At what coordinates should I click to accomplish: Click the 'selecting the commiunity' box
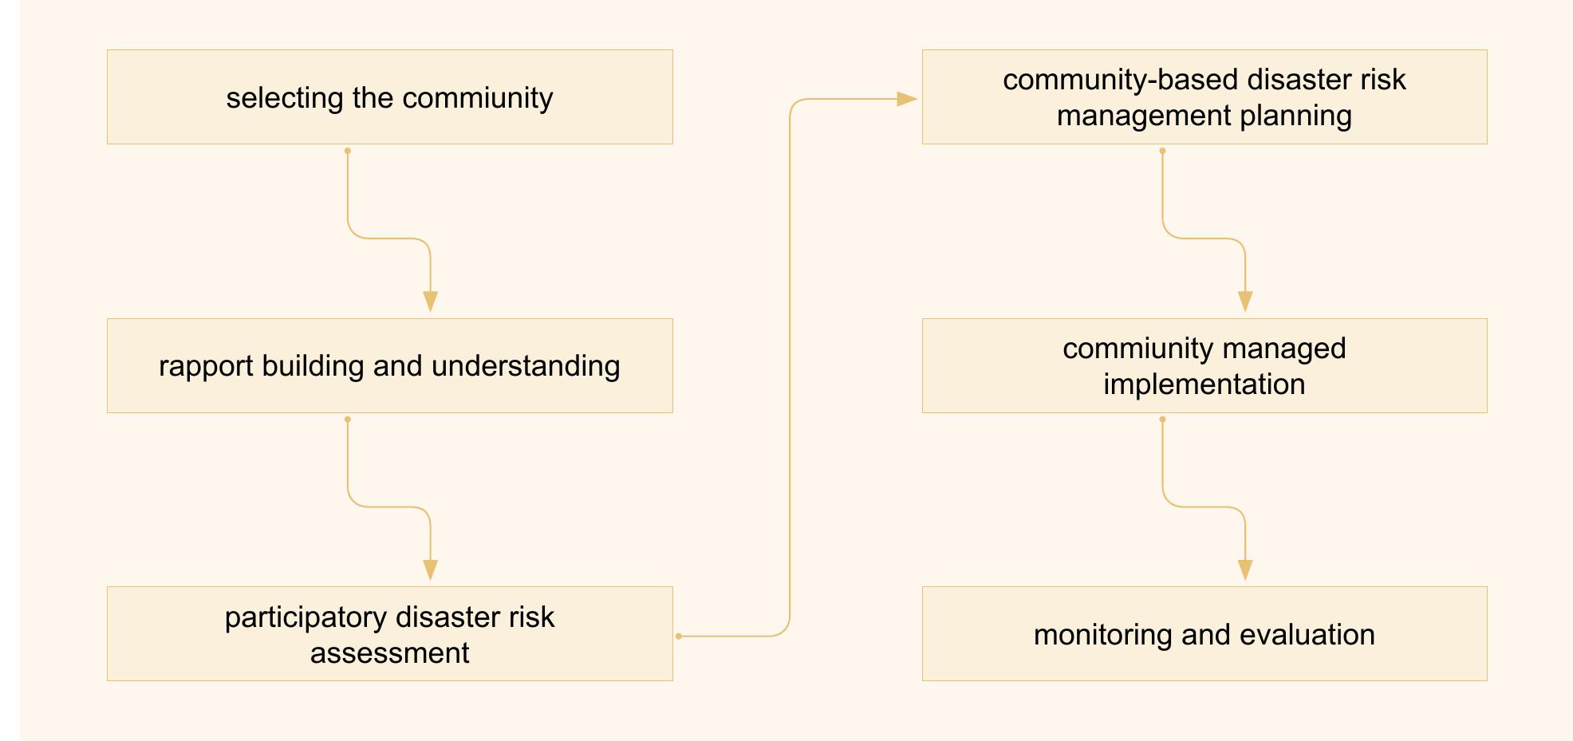coord(389,97)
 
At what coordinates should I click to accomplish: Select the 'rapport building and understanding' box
coord(389,366)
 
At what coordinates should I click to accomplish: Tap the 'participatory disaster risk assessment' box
coord(389,634)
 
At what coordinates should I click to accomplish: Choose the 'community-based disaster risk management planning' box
coord(1204,97)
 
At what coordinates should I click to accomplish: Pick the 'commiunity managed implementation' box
coord(1204,366)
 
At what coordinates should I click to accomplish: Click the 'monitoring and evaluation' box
coord(1204,634)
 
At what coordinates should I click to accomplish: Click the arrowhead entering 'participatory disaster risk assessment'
coord(431,571)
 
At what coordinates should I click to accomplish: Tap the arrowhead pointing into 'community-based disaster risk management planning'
coord(908,99)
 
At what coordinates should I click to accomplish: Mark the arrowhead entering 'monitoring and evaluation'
coord(1245,571)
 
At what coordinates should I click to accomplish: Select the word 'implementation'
coord(1204,384)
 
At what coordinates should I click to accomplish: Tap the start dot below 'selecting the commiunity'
coord(348,151)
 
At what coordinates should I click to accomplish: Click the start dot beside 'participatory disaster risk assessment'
coord(679,636)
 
